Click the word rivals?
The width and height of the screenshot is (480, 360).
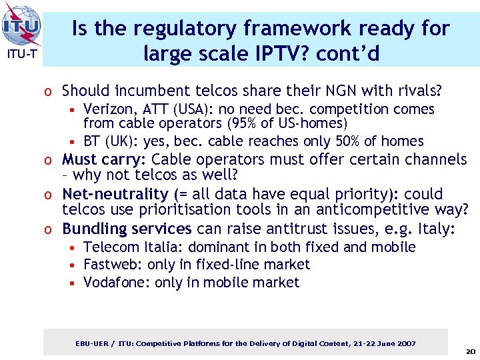[418, 90]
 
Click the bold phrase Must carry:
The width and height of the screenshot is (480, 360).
[105, 159]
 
